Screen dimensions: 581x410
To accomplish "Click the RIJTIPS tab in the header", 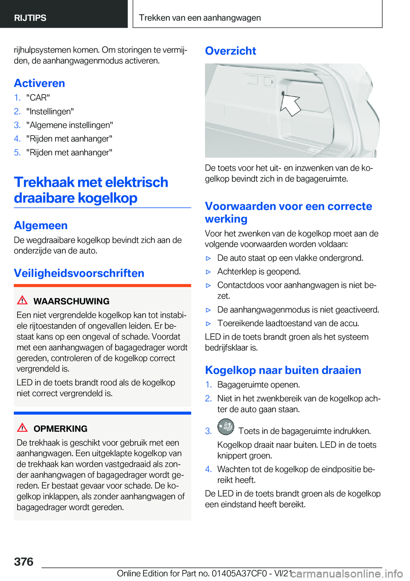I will coord(30,18).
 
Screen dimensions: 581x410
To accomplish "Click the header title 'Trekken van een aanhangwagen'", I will coord(199,18).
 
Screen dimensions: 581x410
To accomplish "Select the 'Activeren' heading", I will coord(39,83).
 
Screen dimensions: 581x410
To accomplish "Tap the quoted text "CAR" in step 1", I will coord(38,98).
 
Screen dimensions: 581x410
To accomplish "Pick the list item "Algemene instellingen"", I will coord(70,125).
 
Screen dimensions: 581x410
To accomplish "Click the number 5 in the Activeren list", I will coord(17,152).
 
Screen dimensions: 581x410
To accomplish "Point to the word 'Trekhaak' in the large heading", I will coord(44,182).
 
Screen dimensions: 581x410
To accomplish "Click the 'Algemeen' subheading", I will coord(41,225).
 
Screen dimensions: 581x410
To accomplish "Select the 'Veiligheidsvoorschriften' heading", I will coord(79,273).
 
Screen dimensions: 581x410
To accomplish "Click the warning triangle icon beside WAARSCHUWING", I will coord(22,300).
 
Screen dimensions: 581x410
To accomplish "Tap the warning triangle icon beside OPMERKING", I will coord(22,428).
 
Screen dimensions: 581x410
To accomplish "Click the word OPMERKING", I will coord(60,429).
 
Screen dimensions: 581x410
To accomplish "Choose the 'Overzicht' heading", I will coord(230,51).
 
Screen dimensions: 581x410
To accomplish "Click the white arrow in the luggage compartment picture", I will coord(291,105).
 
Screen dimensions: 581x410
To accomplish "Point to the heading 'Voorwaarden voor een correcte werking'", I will coord(288,212).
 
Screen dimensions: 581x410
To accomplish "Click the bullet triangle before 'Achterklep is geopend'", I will coord(208,272).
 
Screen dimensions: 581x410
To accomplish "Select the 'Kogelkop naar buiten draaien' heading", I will coord(283,370).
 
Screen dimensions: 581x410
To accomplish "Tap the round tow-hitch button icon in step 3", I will coord(225,427).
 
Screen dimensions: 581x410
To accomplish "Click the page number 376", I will coord(23,562).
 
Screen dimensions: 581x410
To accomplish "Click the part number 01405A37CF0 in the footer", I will coord(239,573).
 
